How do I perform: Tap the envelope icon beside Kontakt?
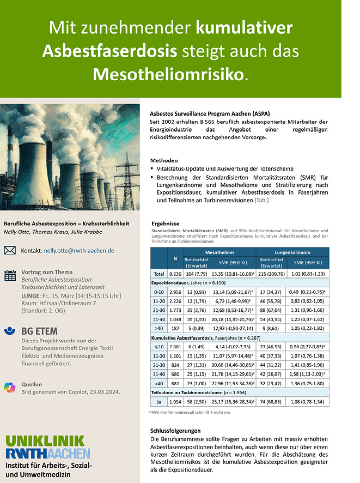pos(10,251)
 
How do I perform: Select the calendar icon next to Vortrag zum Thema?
pos(10,275)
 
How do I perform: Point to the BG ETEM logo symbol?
pos(9,331)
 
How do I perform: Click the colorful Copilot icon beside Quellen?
pos(9,384)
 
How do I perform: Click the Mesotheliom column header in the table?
pos(220,252)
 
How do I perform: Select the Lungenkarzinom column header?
pos(294,252)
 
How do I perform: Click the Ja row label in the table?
pos(158,402)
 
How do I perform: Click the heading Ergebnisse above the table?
pos(165,224)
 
